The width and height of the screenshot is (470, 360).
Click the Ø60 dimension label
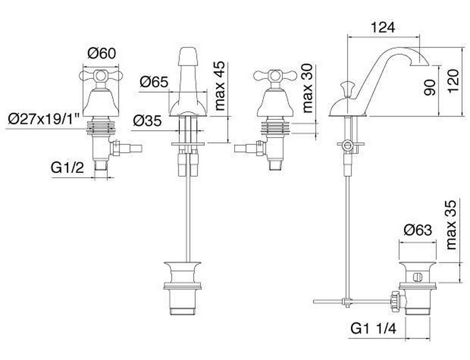pos(101,54)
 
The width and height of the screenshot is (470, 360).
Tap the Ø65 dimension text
pos(154,82)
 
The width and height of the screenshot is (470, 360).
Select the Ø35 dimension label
pos(148,121)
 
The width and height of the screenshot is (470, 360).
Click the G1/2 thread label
pos(67,168)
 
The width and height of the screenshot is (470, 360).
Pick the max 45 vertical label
pos(220,85)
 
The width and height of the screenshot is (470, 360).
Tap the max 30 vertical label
pos(308,88)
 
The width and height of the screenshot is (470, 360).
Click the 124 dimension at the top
pos(383,27)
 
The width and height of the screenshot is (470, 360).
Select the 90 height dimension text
pos(430,87)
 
